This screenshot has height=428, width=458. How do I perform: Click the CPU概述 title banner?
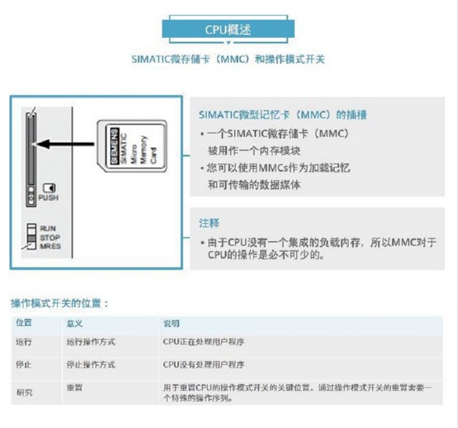click(228, 29)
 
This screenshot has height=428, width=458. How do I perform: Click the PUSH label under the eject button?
click(49, 198)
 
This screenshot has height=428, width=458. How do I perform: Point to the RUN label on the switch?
click(48, 229)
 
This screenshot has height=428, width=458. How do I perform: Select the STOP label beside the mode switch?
click(50, 238)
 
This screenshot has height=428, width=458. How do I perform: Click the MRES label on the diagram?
click(51, 246)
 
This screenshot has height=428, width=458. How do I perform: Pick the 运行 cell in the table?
click(24, 343)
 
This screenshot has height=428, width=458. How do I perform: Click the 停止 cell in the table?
click(24, 365)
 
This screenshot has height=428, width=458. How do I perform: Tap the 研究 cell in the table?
click(24, 393)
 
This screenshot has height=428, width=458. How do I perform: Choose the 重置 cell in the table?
click(74, 388)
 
